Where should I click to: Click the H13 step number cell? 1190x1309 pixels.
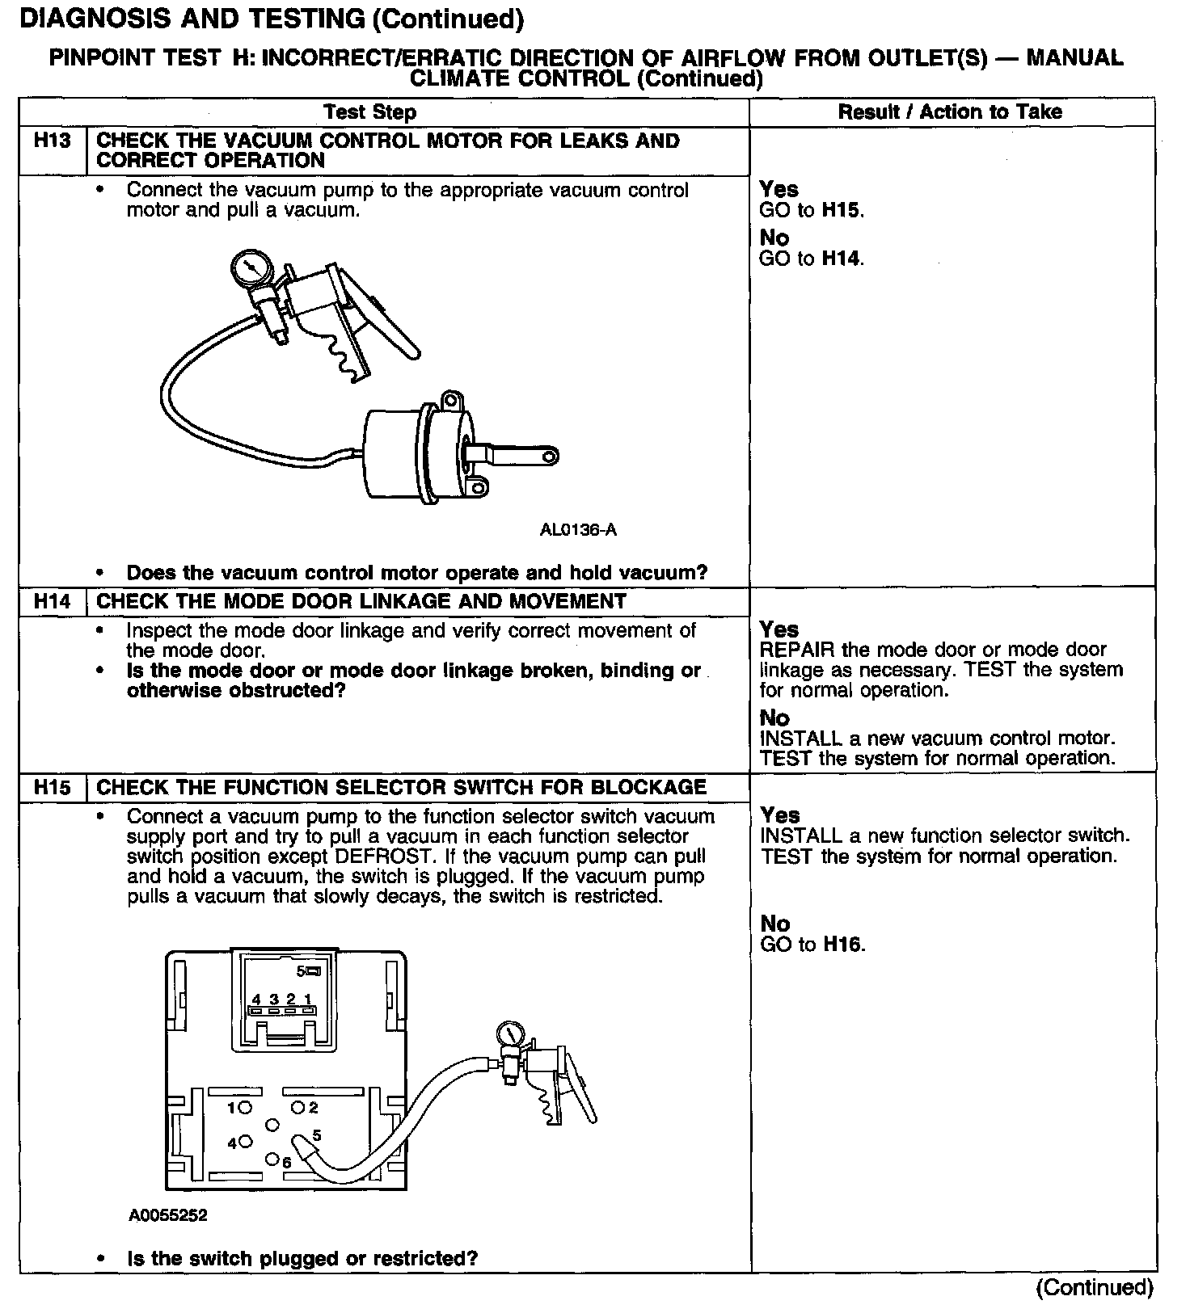pos(53,141)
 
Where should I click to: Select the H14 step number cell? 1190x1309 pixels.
pos(53,602)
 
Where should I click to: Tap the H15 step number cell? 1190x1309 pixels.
pos(53,788)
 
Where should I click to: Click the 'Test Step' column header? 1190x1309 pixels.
pos(369,112)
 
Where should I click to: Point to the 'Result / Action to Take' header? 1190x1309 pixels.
pos(950,112)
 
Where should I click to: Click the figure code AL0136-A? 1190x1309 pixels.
pos(578,530)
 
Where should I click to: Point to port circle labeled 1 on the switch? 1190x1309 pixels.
pos(246,1107)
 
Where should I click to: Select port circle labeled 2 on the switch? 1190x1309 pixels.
pos(297,1107)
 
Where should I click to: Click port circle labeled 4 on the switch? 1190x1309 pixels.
pos(246,1143)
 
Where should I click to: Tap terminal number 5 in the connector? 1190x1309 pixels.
pos(301,970)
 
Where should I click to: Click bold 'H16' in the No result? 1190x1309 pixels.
pos(843,945)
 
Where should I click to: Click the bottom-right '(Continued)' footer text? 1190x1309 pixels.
pos(1095,1288)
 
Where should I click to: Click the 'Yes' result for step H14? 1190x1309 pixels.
pos(779,629)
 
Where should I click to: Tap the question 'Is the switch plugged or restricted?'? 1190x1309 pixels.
pos(302,1258)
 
